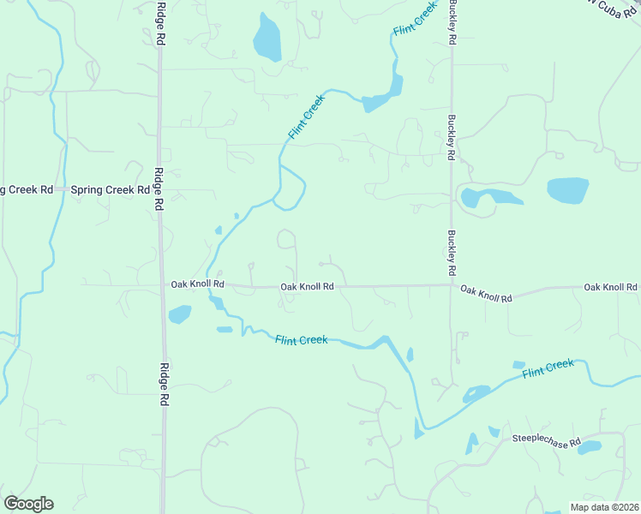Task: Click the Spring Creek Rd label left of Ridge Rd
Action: (x=110, y=189)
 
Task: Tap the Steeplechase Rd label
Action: (x=545, y=438)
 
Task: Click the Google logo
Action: (x=28, y=503)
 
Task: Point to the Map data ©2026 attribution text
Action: (x=603, y=506)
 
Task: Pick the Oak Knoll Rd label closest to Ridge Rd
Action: (x=197, y=284)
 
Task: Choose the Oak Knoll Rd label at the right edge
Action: (x=611, y=287)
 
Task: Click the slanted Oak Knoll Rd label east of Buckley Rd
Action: (x=486, y=294)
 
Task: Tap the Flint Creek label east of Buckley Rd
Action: (x=548, y=369)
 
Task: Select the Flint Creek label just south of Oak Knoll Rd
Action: (x=302, y=340)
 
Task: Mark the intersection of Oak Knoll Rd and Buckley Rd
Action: (x=452, y=285)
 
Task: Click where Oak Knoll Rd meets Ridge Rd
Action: (x=161, y=284)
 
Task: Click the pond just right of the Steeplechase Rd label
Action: (x=590, y=447)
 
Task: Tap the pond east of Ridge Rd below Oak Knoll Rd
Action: (x=179, y=315)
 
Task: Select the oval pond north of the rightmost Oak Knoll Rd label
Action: (x=567, y=190)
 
